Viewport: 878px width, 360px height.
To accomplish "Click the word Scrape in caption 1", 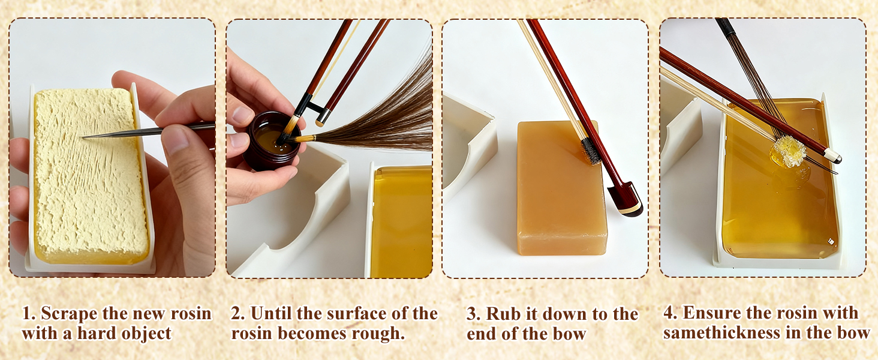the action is tap(68, 313).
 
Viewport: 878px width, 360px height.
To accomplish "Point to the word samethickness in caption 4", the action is tap(721, 333).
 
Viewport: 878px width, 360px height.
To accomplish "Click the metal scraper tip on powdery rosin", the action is tap(85, 137).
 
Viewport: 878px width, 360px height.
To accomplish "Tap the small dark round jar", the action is tap(272, 142).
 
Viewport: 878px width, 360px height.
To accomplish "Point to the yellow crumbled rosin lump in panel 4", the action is tap(789, 152).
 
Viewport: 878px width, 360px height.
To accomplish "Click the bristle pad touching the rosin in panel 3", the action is tap(590, 151).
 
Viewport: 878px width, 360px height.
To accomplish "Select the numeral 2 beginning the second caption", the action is tap(236, 314).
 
